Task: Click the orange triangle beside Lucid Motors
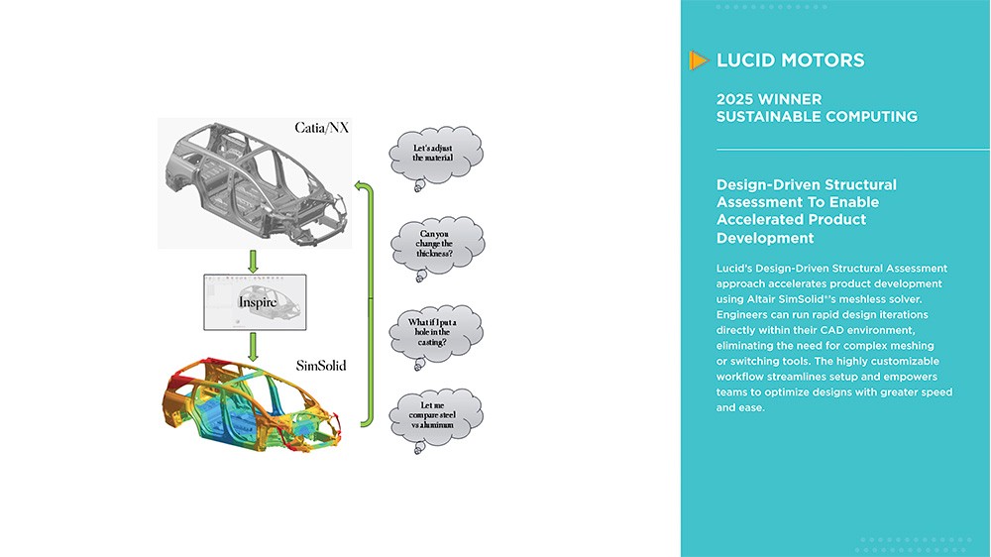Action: coord(699,60)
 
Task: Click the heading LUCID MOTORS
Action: coord(790,60)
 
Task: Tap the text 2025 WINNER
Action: coord(769,99)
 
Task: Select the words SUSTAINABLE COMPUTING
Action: coord(816,117)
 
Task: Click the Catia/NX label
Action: coord(322,128)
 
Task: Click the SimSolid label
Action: coord(321,366)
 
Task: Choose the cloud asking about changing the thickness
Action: coord(436,244)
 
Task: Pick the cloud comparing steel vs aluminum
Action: coord(436,415)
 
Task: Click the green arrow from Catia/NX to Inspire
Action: coord(254,261)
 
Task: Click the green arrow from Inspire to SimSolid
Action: coord(254,346)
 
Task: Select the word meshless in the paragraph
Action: coord(876,298)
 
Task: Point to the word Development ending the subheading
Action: coord(765,238)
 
